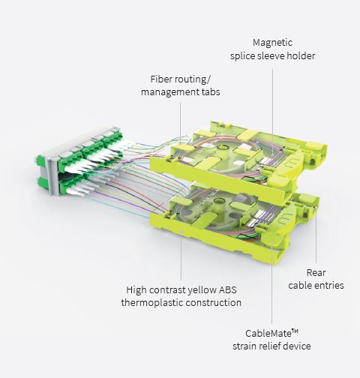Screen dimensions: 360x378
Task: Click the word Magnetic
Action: click(272, 43)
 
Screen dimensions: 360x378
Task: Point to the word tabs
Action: click(211, 92)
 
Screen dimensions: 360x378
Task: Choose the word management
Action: click(170, 92)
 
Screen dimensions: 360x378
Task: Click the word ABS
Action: click(227, 290)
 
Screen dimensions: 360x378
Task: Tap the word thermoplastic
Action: click(152, 303)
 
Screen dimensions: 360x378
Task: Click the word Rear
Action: click(316, 273)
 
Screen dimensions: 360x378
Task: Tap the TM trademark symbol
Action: click(295, 331)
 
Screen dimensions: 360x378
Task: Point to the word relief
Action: click(271, 346)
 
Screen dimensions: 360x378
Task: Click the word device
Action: click(298, 346)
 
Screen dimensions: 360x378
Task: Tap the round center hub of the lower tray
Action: click(220, 200)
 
